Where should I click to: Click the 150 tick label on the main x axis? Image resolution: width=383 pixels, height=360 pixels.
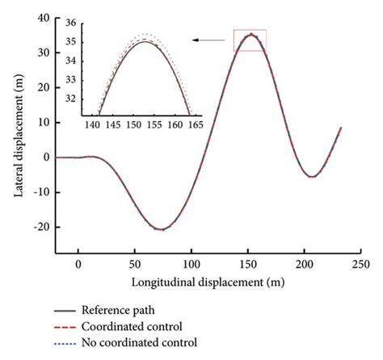tap(248, 264)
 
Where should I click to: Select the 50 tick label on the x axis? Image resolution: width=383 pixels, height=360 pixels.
tap(135, 264)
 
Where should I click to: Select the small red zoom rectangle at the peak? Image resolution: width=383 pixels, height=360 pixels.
tap(250, 40)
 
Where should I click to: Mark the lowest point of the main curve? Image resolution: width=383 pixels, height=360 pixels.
tap(162, 229)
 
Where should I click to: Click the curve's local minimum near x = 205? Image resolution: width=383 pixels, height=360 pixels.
tap(312, 177)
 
